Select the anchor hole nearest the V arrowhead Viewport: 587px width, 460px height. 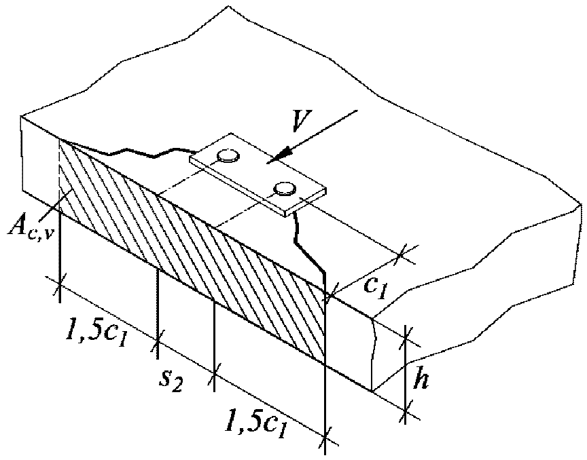(x=284, y=187)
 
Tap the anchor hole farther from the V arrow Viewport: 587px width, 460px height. (x=227, y=157)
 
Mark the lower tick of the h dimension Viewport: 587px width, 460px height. (x=406, y=411)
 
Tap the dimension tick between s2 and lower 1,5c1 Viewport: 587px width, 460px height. (x=215, y=370)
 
